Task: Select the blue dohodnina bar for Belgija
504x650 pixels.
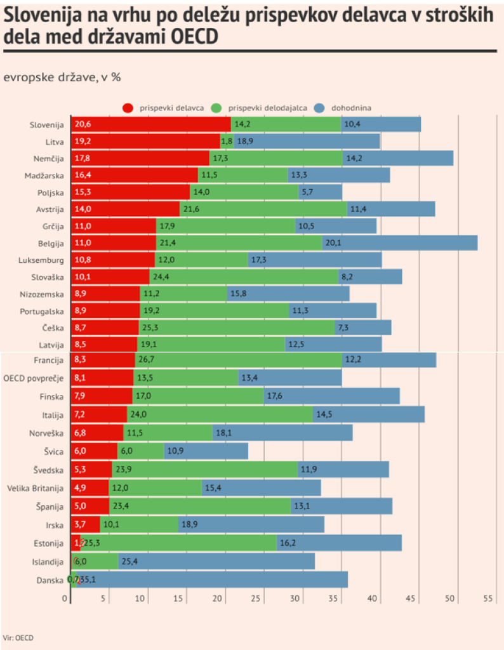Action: pyautogui.click(x=400, y=242)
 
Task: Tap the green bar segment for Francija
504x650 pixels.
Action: pyautogui.click(x=237, y=360)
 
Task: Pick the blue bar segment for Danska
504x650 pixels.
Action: pyautogui.click(x=213, y=579)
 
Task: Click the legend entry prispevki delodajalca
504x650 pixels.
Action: pyautogui.click(x=267, y=108)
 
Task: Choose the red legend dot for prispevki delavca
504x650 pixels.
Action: pyautogui.click(x=129, y=108)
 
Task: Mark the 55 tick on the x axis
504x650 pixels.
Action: pyautogui.click(x=488, y=598)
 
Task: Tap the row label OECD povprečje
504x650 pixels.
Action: pyautogui.click(x=34, y=378)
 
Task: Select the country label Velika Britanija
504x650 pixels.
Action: pyautogui.click(x=35, y=488)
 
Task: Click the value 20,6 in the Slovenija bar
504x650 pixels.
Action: pyautogui.click(x=83, y=124)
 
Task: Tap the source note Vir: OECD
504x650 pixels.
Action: pyautogui.click(x=17, y=636)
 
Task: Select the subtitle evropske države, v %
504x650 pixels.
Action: pyautogui.click(x=62, y=77)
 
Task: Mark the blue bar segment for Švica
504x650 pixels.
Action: pyautogui.click(x=206, y=451)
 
